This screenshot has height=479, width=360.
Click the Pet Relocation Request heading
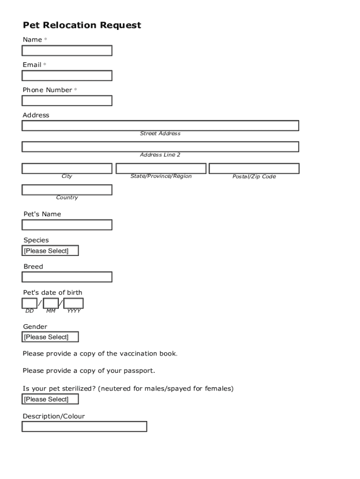82,25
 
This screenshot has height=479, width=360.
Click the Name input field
67,51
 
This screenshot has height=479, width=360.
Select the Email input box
67,76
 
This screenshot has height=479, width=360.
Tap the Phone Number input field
67,101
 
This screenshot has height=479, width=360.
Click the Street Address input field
160,126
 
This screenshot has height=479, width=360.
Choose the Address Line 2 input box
160,147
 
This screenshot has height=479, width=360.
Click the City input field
67,168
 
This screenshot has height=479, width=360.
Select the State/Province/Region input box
161,168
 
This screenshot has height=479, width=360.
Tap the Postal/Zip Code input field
254,168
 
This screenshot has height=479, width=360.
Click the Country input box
67,190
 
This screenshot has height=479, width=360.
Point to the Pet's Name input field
67,225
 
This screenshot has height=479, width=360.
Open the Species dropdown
50,251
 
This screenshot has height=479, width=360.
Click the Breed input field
67,277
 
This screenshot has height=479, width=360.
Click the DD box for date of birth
29,303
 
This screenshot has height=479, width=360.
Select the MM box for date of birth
51,303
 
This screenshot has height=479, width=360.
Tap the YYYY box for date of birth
73,303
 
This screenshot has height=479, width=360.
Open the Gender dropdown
50,337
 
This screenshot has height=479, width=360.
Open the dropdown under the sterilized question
50,399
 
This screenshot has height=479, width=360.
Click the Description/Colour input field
84,427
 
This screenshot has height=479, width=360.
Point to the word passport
139,371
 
